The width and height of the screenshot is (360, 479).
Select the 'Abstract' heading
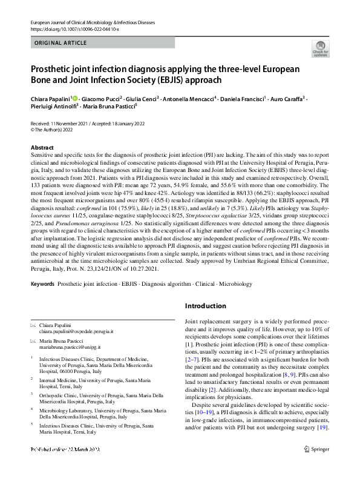(x=42, y=148)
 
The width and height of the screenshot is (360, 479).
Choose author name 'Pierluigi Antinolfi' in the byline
(x=54, y=106)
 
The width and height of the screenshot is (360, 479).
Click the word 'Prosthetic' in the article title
(x=55, y=68)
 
